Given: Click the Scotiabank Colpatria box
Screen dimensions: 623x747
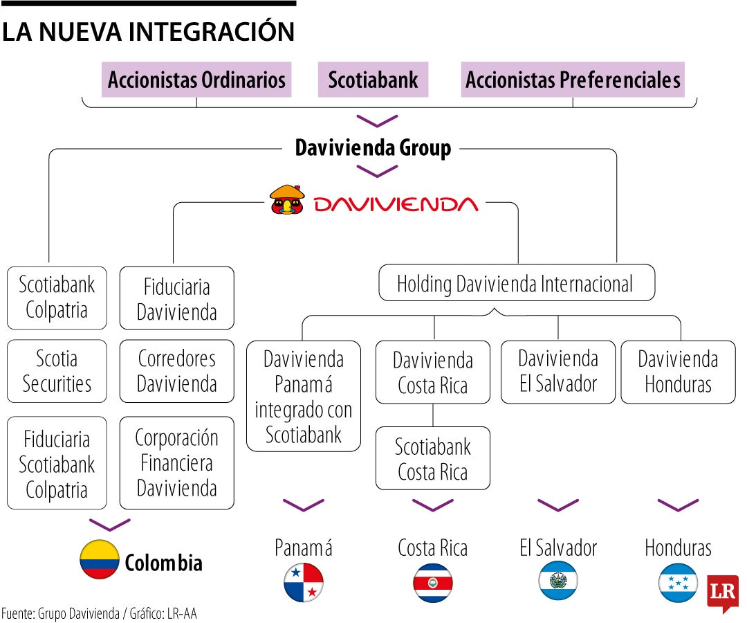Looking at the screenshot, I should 57,298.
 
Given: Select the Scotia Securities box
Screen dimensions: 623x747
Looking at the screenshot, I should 57,371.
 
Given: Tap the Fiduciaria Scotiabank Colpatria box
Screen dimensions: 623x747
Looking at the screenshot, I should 57,463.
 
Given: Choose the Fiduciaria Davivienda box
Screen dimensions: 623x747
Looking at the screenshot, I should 176,298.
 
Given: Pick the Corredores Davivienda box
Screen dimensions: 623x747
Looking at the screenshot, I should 176,371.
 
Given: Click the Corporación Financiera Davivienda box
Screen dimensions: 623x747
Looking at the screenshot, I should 176,463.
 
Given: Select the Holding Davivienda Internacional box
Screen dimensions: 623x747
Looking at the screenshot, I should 516,283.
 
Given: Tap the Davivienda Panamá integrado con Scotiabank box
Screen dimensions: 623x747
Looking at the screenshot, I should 304,396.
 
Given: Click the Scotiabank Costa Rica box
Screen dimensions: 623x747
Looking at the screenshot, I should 433,458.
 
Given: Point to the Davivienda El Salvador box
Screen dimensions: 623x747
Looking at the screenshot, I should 558,372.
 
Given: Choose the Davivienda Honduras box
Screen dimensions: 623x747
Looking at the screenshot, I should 678,372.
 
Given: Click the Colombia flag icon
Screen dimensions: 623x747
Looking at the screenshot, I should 100,560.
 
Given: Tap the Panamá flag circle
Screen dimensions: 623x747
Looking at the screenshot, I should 304,582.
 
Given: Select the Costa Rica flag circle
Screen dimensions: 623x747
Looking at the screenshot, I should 433,582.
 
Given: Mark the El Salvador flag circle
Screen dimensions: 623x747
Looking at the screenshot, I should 558,580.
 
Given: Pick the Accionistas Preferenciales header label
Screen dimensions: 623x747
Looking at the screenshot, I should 573,80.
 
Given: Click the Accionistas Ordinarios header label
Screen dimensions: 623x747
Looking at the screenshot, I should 196,80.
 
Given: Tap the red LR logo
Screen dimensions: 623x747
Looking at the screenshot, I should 722,592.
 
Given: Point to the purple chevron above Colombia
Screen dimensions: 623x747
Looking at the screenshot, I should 109,524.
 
